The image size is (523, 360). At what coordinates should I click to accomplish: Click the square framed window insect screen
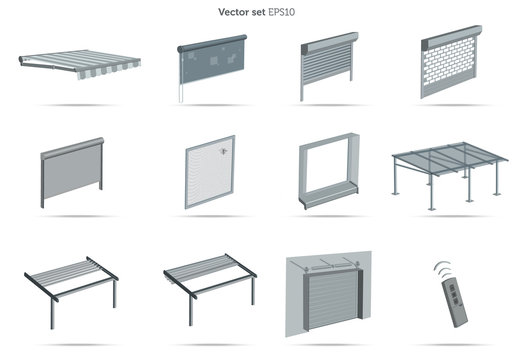click(209, 172)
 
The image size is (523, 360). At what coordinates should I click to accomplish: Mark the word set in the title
click(265, 13)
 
